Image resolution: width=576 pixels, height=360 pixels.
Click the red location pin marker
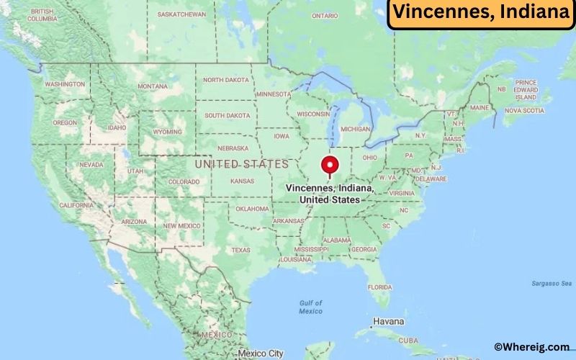coord(330,165)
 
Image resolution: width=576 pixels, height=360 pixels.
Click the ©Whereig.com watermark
coord(531,346)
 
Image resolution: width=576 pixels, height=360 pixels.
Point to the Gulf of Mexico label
coord(310,307)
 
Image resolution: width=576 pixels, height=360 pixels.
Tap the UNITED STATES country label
coord(242,164)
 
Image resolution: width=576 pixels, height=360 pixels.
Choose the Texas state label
coord(240,250)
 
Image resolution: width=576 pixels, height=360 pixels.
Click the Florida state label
coord(379,287)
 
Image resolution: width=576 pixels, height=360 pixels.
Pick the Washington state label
coord(65,84)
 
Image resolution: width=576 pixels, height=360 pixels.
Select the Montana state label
coord(153,86)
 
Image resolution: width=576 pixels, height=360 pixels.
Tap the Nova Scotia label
coord(523,111)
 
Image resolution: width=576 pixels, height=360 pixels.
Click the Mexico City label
coord(261,354)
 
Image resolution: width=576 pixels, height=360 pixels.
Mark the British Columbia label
coord(42,15)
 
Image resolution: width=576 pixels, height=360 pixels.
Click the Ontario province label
coord(325,15)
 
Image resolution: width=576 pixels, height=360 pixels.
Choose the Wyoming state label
coord(167,132)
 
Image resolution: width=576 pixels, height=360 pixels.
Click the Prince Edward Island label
coord(526,89)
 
